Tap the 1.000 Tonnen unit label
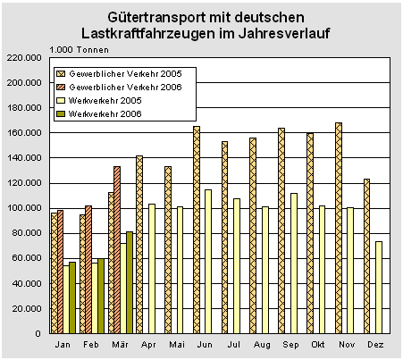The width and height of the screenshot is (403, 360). click(79, 50)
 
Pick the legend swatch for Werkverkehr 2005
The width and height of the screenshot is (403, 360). click(61, 101)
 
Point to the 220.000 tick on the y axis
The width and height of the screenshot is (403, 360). click(24, 57)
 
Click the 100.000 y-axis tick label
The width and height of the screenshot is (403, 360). click(24, 207)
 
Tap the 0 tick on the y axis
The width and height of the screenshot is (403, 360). click(38, 333)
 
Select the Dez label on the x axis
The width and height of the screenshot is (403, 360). click(375, 345)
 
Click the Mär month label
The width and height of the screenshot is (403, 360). click(120, 345)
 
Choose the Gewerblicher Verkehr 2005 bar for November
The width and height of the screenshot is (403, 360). click(339, 228)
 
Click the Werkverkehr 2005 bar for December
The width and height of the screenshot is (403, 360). click(379, 288)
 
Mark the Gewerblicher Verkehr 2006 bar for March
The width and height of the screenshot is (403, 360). click(117, 250)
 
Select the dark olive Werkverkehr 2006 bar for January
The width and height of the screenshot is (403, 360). click(72, 297)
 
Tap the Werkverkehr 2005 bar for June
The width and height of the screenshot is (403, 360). click(208, 262)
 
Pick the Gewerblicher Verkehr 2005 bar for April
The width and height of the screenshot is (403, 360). click(139, 245)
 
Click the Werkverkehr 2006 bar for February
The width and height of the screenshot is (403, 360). click(101, 296)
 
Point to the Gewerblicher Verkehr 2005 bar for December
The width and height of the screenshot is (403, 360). click(366, 256)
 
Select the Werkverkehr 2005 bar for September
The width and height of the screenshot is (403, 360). click(294, 264)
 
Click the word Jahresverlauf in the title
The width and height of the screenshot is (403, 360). click(284, 33)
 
